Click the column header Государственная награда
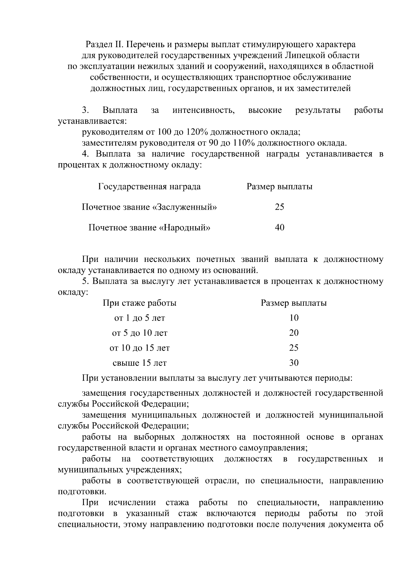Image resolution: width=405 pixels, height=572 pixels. click(x=149, y=186)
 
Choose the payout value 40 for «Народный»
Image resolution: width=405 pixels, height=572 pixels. click(x=279, y=228)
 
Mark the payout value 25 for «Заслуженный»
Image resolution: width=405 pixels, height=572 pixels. click(x=279, y=207)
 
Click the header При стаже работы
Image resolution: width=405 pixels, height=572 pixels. click(x=139, y=303)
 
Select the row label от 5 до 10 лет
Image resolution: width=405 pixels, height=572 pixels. click(x=139, y=333)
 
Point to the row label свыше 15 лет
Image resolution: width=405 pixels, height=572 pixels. click(x=139, y=363)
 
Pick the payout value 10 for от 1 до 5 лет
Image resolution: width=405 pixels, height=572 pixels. click(x=294, y=318)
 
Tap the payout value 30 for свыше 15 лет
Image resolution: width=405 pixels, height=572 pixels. click(x=294, y=363)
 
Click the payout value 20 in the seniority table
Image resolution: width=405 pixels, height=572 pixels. click(x=294, y=333)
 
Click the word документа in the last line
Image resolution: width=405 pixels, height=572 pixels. click(x=350, y=525)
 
